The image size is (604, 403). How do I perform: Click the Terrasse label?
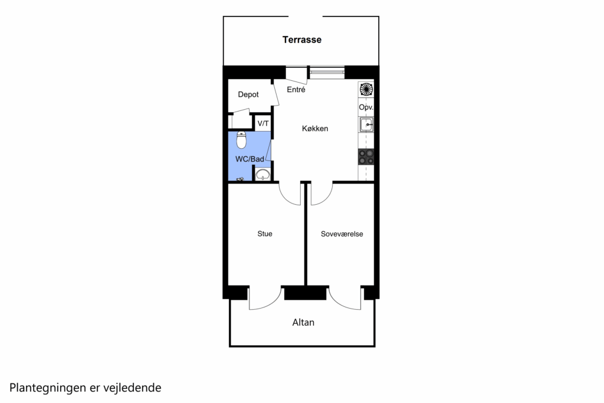[x=301, y=40]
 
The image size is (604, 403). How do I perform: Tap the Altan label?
[x=303, y=323]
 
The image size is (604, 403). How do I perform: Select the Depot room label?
[x=248, y=95]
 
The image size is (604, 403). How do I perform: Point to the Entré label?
[x=296, y=89]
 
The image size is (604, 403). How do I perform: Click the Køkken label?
[x=315, y=129]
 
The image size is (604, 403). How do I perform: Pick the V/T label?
[x=263, y=124]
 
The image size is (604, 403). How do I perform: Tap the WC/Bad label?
[x=250, y=159]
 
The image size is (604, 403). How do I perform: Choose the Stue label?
[x=265, y=234]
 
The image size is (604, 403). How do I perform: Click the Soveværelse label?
[x=342, y=234]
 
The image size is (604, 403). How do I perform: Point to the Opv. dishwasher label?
[x=366, y=107]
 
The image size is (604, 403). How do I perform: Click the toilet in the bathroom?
[x=241, y=140]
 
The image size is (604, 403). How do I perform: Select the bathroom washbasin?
[x=263, y=175]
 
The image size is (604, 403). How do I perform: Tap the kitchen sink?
[x=366, y=125]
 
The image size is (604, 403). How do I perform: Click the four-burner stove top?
[x=366, y=157]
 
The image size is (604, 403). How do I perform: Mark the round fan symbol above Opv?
[x=366, y=90]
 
